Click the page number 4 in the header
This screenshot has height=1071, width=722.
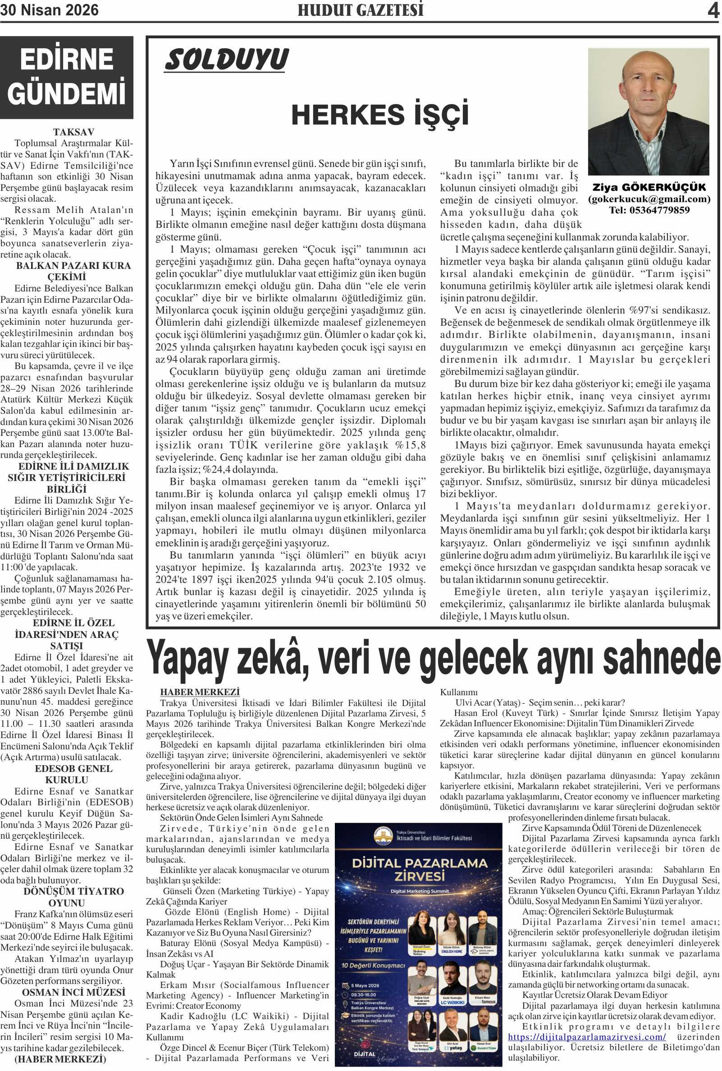713,10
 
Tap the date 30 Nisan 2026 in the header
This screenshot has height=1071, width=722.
49,10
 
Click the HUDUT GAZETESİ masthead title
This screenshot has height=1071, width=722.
360,10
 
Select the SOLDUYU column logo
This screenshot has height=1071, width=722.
226,60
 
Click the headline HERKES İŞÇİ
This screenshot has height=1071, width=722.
380,115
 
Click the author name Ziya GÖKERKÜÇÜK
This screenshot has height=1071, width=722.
649,187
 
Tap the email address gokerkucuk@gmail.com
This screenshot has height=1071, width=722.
649,199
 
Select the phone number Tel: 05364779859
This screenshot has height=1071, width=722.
649,210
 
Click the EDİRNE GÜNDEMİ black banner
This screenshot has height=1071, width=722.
67,77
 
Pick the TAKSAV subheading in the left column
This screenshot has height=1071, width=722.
74,132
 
